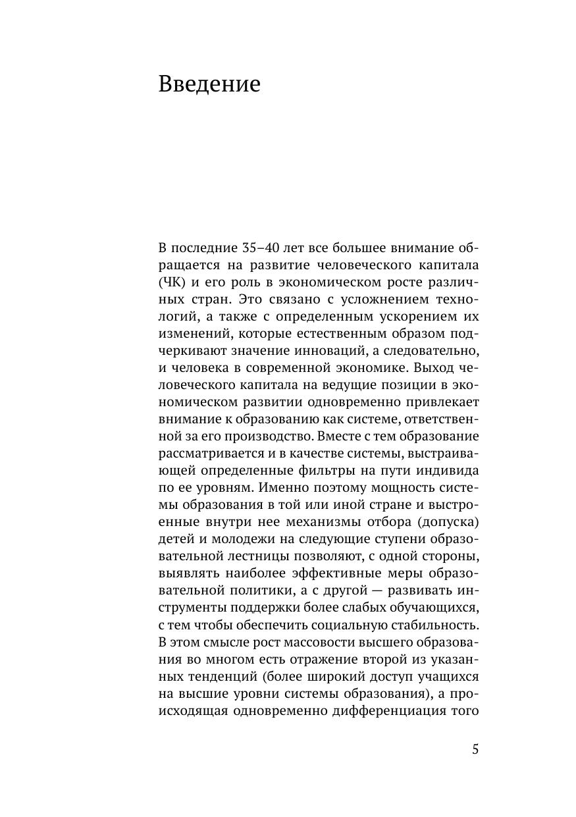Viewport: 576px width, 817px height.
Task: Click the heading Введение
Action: click(x=209, y=85)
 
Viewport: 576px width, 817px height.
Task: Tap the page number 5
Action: click(x=475, y=750)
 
